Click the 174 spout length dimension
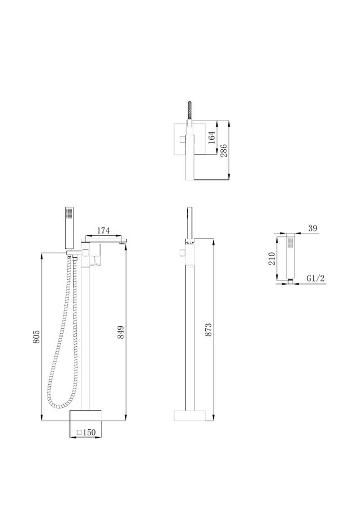point(103,231)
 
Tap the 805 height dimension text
point(36,337)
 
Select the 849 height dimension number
point(120,332)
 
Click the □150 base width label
point(86,433)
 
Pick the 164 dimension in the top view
point(211,137)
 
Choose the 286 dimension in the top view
point(224,150)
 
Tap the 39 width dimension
point(313,228)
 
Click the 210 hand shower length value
point(272,258)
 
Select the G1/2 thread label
point(315,278)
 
